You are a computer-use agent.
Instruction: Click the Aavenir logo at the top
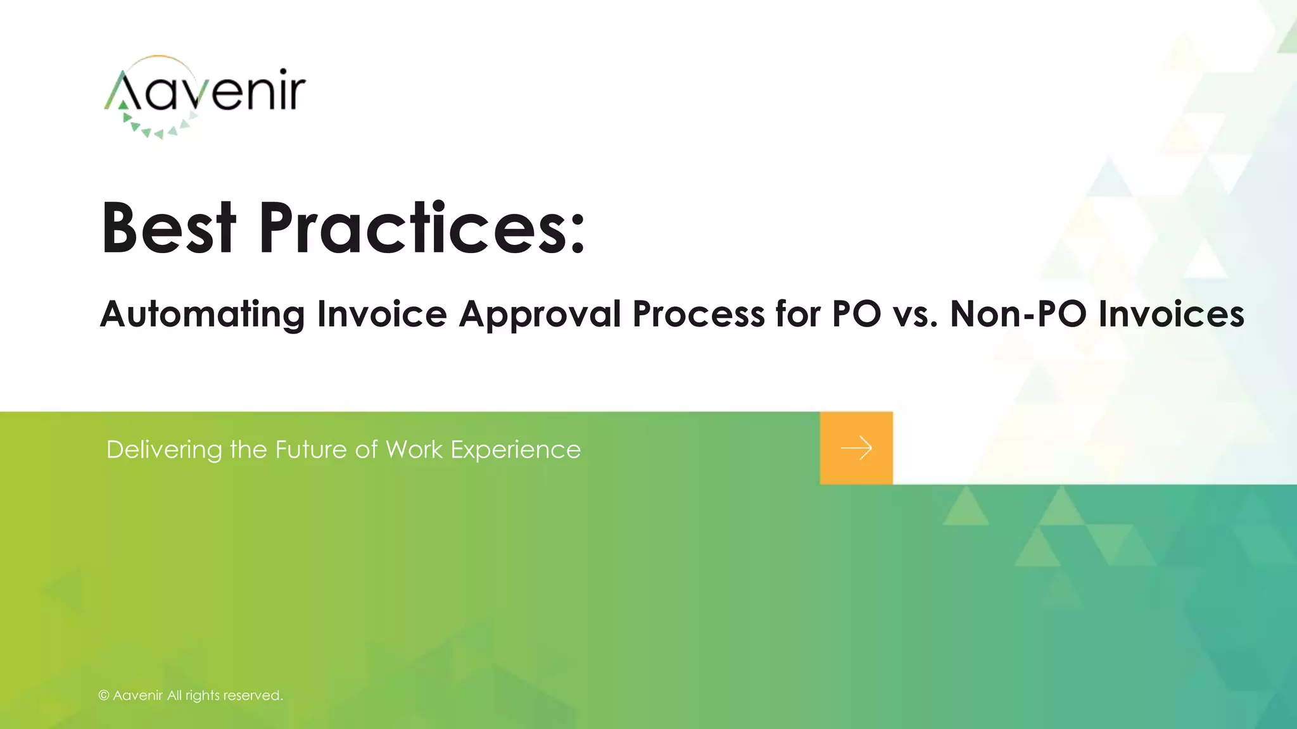click(204, 95)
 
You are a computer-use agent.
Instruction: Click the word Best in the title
click(168, 228)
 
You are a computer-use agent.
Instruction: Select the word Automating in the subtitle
click(202, 314)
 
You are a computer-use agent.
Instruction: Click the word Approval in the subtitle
click(540, 314)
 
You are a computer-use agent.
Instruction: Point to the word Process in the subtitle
click(698, 314)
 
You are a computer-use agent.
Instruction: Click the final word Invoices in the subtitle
click(1171, 314)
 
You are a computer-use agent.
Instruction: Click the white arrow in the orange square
click(856, 448)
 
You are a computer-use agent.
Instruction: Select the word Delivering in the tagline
click(164, 449)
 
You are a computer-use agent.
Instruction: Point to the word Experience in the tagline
click(516, 451)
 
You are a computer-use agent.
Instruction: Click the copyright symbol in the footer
click(104, 695)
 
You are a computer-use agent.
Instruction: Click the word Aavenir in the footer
click(138, 695)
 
